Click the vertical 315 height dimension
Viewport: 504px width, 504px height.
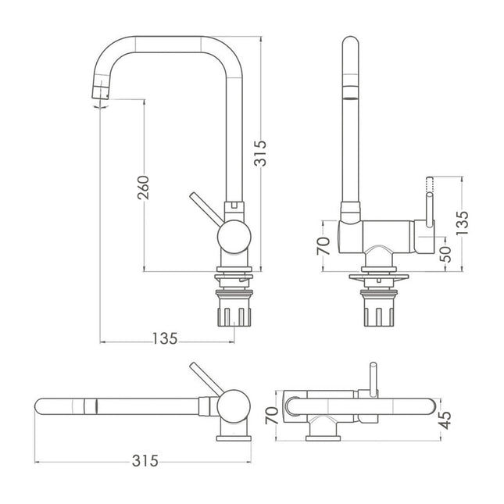click(x=262, y=154)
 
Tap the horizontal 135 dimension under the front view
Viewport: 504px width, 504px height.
click(x=165, y=338)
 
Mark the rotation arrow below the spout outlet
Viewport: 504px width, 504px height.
click(x=99, y=109)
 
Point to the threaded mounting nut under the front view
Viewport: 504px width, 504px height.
click(x=233, y=313)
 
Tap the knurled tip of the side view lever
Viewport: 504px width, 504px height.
click(x=428, y=188)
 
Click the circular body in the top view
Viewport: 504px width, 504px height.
click(x=233, y=406)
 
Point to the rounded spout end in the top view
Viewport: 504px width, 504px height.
click(x=44, y=407)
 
